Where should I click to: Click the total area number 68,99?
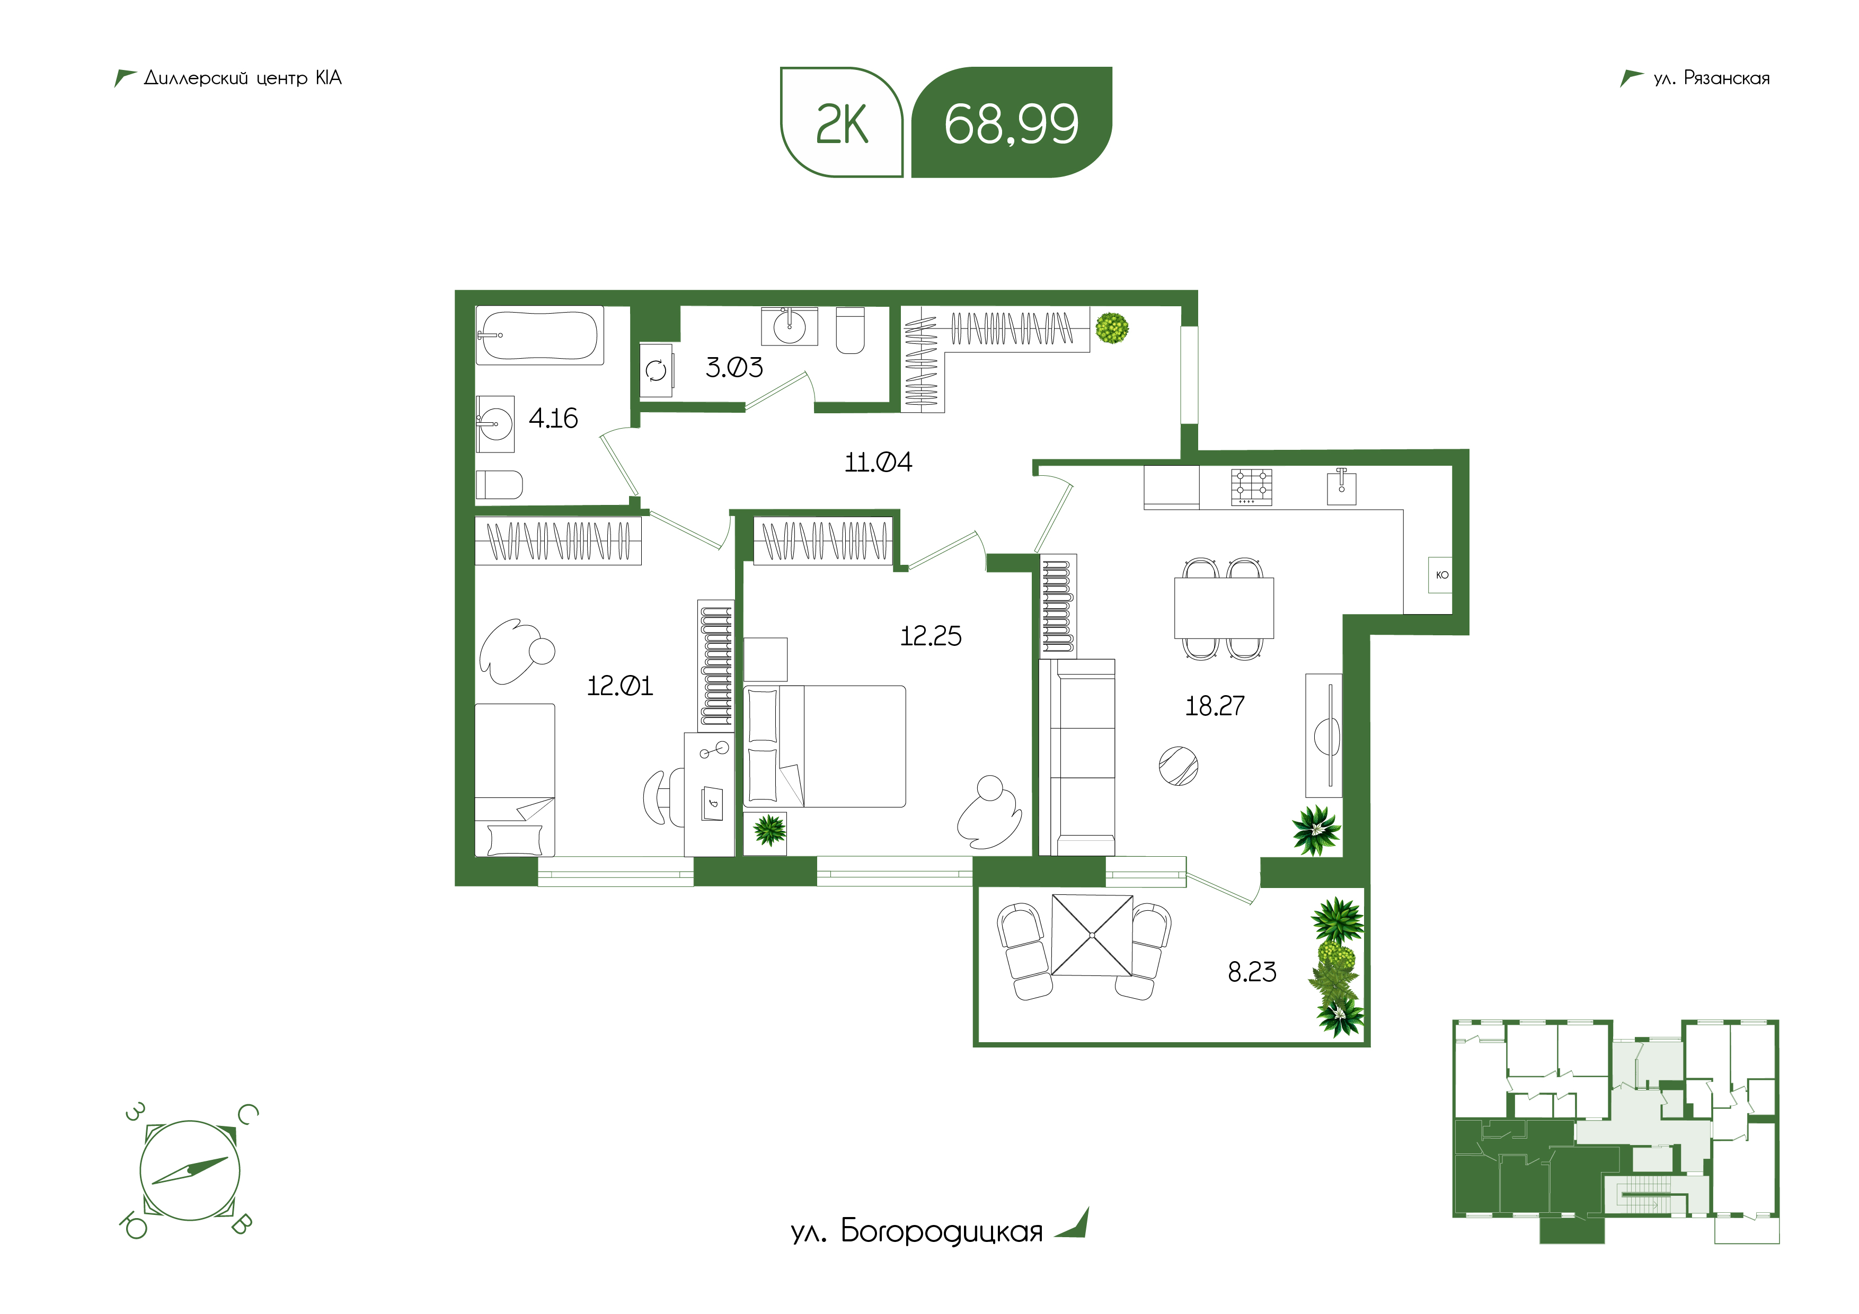click(x=1011, y=124)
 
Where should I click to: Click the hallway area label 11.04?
click(x=879, y=463)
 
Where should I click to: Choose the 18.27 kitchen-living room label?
click(x=1215, y=706)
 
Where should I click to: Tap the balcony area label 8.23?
click(x=1252, y=972)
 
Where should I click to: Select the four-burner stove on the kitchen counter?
click(x=1251, y=487)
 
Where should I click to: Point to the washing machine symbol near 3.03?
click(x=656, y=371)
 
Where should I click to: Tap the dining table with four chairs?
click(x=1224, y=609)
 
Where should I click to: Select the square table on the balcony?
click(x=1092, y=935)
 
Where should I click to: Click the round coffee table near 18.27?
click(x=1178, y=766)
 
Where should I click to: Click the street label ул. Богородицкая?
click(x=917, y=1231)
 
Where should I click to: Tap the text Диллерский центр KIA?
click(x=243, y=78)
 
